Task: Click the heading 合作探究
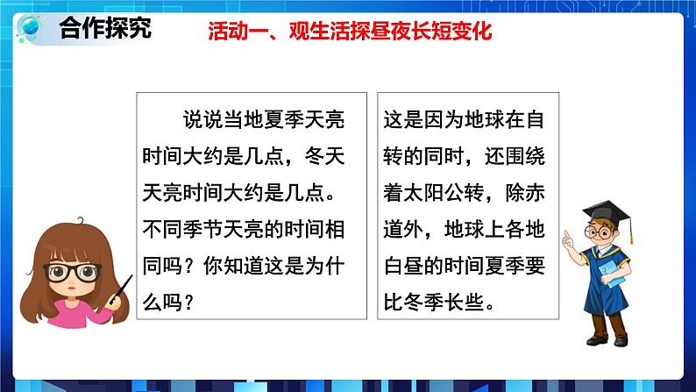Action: pos(104,28)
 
